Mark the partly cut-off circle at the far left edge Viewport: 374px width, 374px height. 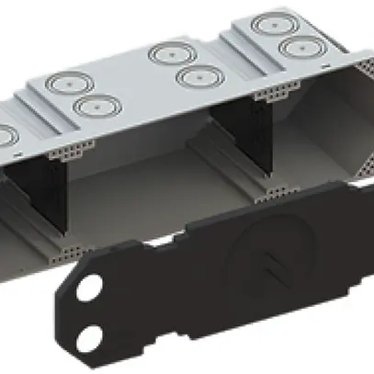(x=5, y=136)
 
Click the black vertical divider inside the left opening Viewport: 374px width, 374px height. (x=50, y=202)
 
